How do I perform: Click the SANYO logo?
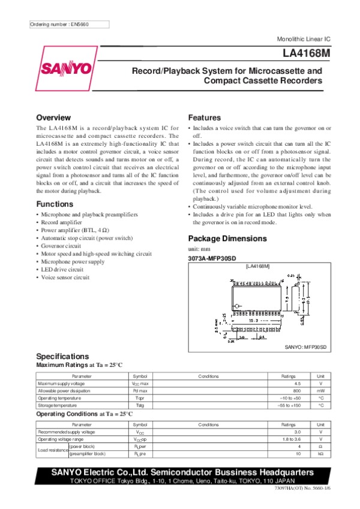click(66, 68)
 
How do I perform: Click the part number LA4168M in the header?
click(302, 53)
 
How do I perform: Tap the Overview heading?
click(55, 117)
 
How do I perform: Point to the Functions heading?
click(55, 204)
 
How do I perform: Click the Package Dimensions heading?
click(227, 238)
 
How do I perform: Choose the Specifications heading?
click(62, 356)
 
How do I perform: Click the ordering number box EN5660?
click(69, 25)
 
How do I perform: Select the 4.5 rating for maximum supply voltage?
click(297, 383)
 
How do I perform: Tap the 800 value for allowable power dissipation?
click(297, 390)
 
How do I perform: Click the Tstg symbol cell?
click(140, 405)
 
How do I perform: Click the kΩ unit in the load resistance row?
click(321, 454)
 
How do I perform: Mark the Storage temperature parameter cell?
click(60, 405)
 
